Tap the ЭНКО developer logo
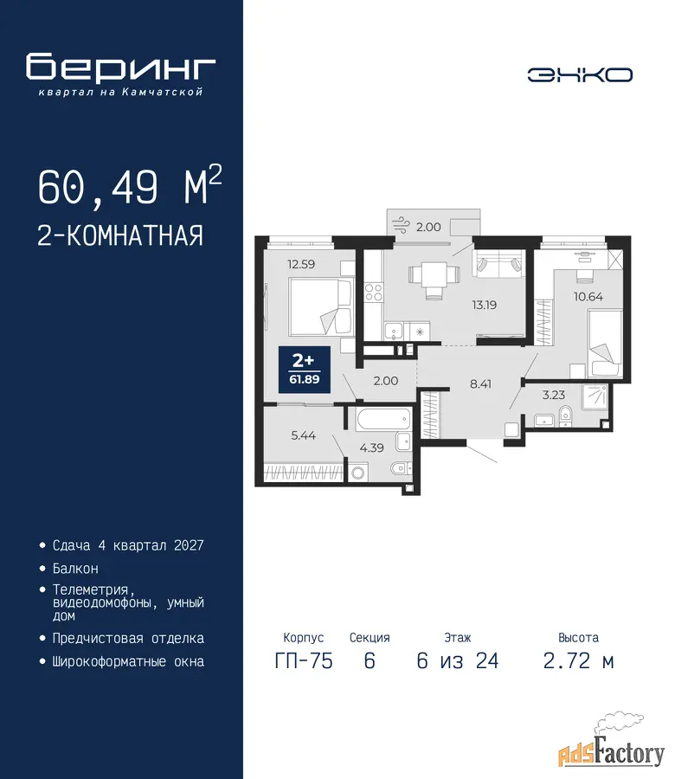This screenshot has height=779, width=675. (x=580, y=75)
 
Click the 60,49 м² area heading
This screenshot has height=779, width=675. (x=130, y=186)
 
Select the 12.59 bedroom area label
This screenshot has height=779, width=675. (x=301, y=264)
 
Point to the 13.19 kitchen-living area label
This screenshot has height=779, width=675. (x=485, y=305)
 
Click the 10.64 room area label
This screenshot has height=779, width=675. (x=588, y=297)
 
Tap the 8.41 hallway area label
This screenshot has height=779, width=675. (x=480, y=383)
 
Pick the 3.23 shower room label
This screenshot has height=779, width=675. (x=553, y=395)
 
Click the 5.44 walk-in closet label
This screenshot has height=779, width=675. (x=303, y=435)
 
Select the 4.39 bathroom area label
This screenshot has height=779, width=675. (x=371, y=447)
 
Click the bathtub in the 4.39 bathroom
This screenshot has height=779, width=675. (x=383, y=419)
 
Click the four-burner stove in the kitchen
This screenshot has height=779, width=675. (x=374, y=293)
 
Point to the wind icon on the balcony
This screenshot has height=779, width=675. (x=399, y=225)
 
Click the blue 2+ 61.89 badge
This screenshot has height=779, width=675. (x=305, y=369)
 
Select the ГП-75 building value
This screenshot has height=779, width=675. (x=304, y=661)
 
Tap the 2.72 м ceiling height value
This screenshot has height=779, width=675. (x=579, y=661)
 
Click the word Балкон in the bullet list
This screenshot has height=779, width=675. (x=75, y=569)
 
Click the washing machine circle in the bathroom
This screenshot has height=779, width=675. (x=357, y=473)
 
